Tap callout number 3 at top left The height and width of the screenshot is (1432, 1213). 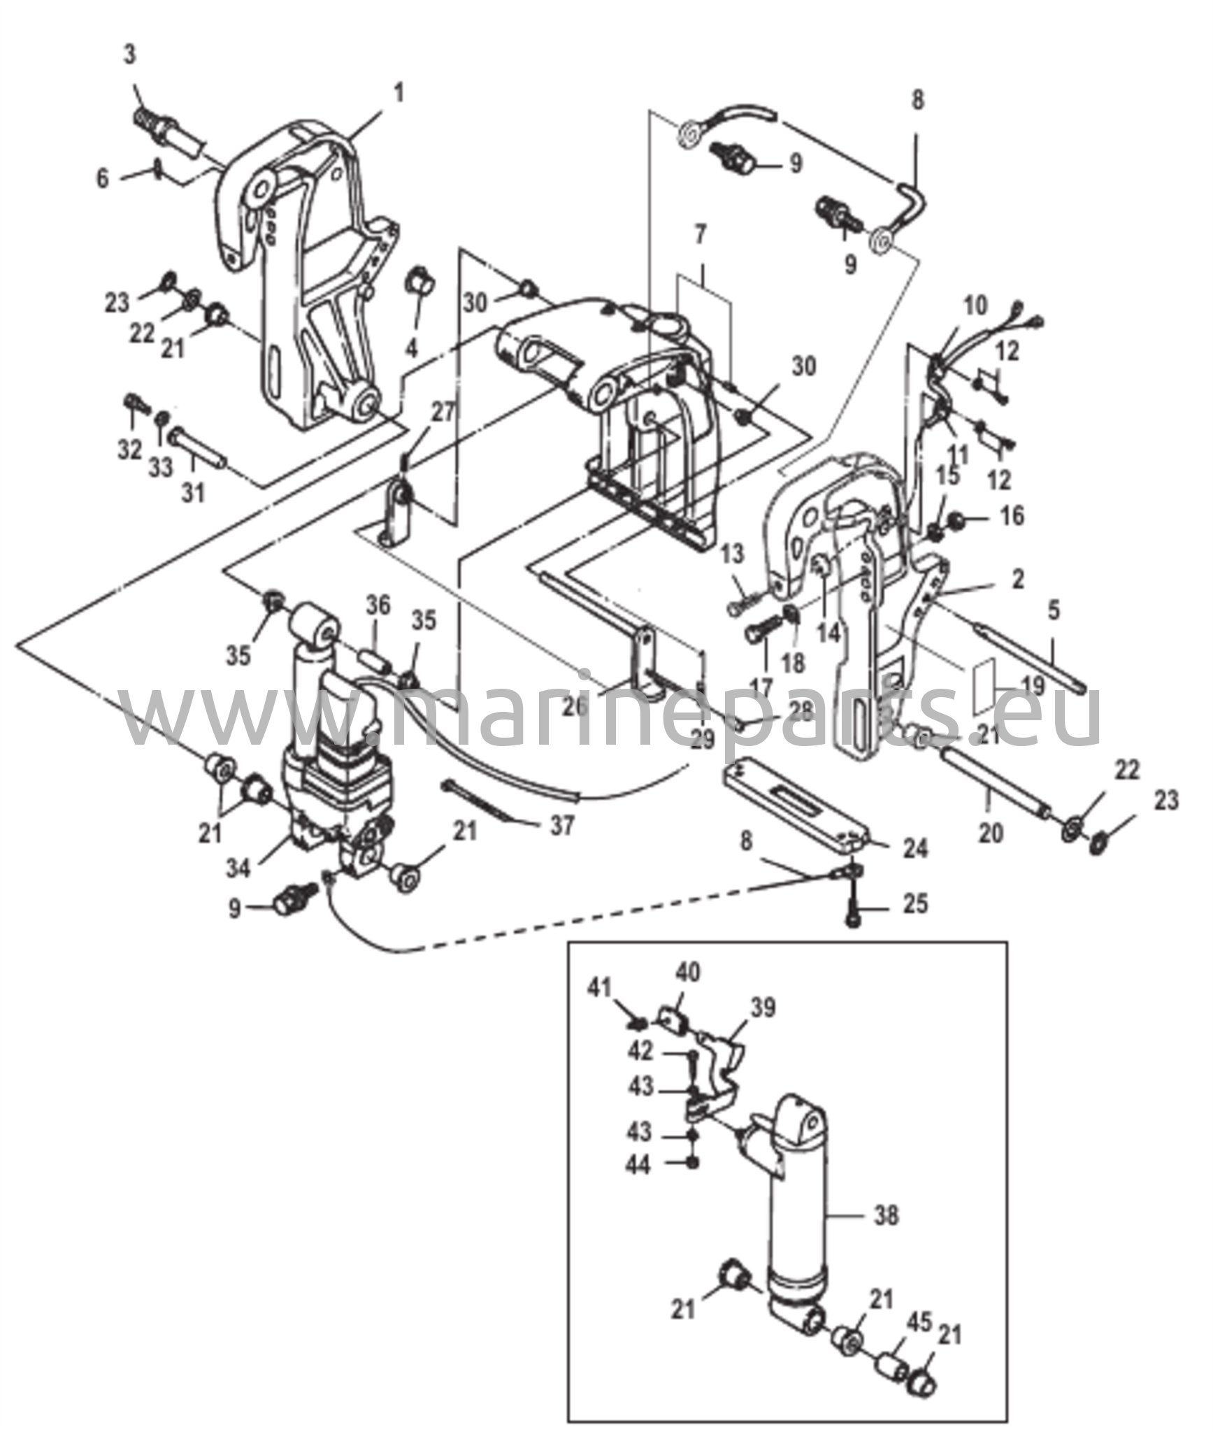point(131,55)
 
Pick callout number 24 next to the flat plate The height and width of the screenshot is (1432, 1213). point(915,848)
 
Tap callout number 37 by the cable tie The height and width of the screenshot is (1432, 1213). point(561,826)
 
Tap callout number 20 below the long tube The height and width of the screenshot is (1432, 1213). point(991,833)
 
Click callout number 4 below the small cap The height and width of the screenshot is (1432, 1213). point(412,348)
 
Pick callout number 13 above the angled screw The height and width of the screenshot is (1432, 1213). point(733,558)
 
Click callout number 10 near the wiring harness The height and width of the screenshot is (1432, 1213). point(976,306)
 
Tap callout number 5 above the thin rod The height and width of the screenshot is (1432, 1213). point(1053,610)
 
